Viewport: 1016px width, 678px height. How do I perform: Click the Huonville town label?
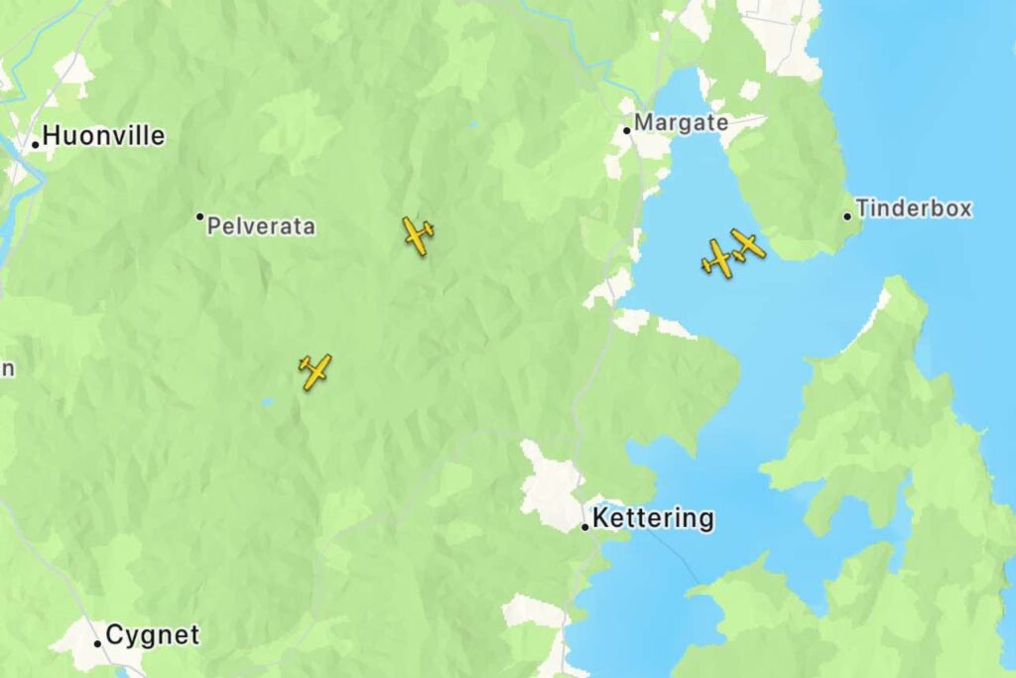[103, 136]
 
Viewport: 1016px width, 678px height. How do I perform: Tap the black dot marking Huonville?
[36, 144]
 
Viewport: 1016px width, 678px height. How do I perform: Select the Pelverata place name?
[261, 226]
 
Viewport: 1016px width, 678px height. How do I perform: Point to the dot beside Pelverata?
[199, 216]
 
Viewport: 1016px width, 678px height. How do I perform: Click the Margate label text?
[681, 123]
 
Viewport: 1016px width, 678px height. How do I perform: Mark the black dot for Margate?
[627, 130]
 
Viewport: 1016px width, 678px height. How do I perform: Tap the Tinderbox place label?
[913, 208]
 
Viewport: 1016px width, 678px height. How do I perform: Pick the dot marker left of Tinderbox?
[847, 215]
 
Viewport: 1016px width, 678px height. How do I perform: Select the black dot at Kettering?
[585, 526]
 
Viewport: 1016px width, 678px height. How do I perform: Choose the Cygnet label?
[152, 635]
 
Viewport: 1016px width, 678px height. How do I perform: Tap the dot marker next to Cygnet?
[97, 643]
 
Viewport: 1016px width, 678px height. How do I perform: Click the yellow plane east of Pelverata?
[418, 235]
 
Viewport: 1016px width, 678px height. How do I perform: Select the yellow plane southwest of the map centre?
[316, 371]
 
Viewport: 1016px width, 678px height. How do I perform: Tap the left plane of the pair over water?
[717, 258]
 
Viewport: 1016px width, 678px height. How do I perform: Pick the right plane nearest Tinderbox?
[747, 243]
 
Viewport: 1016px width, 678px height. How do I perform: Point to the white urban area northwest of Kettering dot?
[551, 486]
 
